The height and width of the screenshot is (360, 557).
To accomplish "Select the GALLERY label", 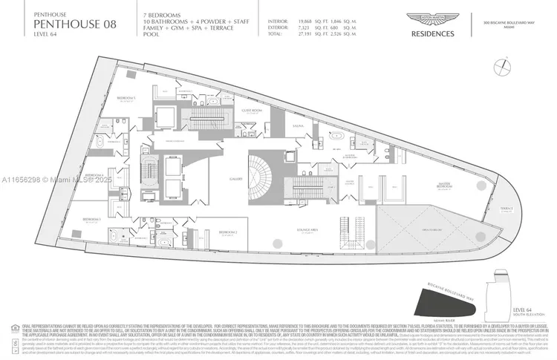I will [x=237, y=179].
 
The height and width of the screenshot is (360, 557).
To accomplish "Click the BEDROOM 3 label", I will [x=93, y=219].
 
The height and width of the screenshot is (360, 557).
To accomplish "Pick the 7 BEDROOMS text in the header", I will [x=165, y=14].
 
